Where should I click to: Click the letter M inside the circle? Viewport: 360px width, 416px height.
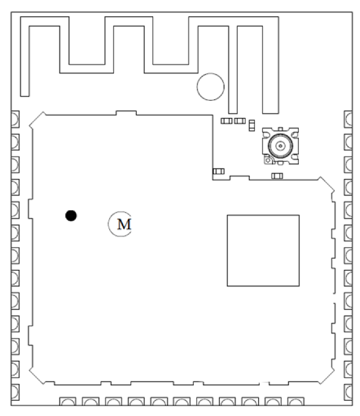124,224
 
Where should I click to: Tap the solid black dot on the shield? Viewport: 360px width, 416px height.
71,215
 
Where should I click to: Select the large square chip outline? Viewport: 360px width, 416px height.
263,250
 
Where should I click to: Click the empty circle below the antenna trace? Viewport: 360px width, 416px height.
210,86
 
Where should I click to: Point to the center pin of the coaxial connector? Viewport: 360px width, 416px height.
280,146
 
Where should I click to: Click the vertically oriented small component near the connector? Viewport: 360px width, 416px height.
252,124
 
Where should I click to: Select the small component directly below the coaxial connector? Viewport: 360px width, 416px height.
277,176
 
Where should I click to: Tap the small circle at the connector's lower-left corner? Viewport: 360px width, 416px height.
268,161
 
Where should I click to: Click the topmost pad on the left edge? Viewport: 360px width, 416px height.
15,119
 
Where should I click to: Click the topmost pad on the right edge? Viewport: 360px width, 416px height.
349,119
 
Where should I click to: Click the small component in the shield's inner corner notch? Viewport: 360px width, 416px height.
218,171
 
